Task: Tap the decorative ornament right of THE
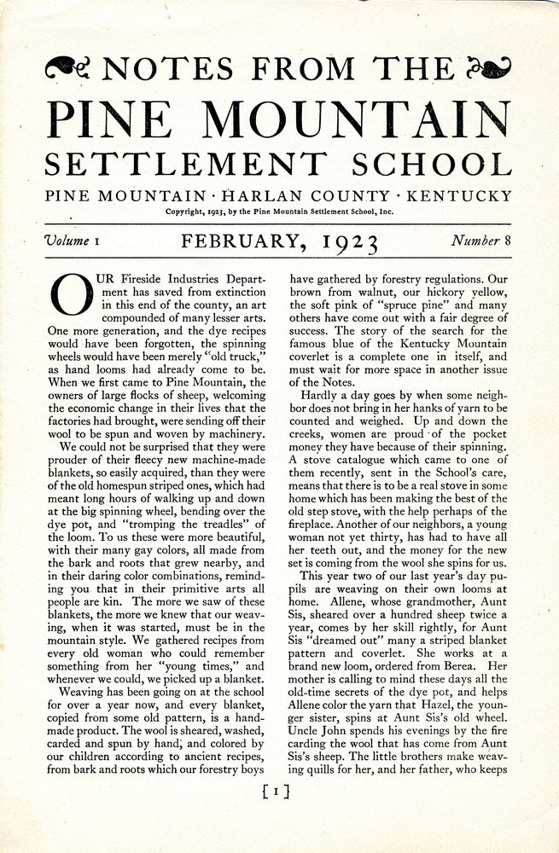[x=491, y=67]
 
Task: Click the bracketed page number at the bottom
[x=278, y=792]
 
